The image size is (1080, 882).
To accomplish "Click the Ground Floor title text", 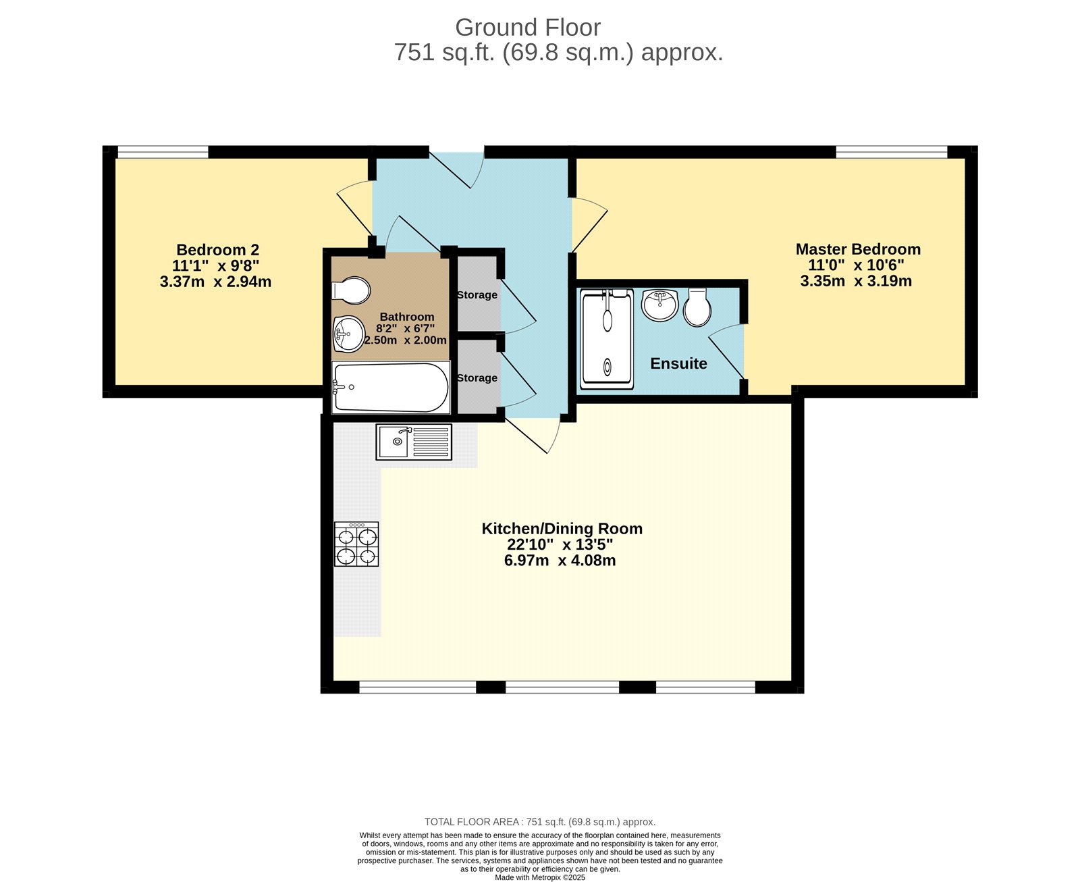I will pos(527,28).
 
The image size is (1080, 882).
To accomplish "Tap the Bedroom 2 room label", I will pos(217,250).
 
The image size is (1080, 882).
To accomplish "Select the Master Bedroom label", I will pos(857,249).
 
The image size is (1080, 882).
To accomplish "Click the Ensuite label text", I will pos(678,363).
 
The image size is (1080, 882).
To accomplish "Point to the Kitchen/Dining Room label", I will pos(562,529).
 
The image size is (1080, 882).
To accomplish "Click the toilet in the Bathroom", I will pos(352,290).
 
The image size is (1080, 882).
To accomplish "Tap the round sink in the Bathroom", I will pos(348,334).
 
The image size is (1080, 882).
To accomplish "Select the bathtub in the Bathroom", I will pos(390,388).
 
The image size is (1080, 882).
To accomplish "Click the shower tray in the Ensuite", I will pos(607,339).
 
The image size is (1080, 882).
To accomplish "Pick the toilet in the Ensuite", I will pos(697,308).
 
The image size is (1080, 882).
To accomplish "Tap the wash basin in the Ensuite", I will pos(659,305).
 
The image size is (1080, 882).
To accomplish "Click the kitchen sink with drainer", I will pos(413,442).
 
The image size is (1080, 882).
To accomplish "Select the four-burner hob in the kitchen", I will pos(356,544).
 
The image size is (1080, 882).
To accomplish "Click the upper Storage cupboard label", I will pos(477,295).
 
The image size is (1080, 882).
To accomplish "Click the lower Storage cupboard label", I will pos(477,378).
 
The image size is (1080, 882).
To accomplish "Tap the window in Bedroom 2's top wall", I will pos(163,153).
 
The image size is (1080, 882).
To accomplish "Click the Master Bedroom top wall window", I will pos(891,153).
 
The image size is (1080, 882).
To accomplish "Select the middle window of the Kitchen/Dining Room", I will pos(562,687).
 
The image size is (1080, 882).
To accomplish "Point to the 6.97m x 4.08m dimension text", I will pos(560,561).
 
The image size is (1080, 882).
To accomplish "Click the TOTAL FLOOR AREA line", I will pos(539,822).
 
